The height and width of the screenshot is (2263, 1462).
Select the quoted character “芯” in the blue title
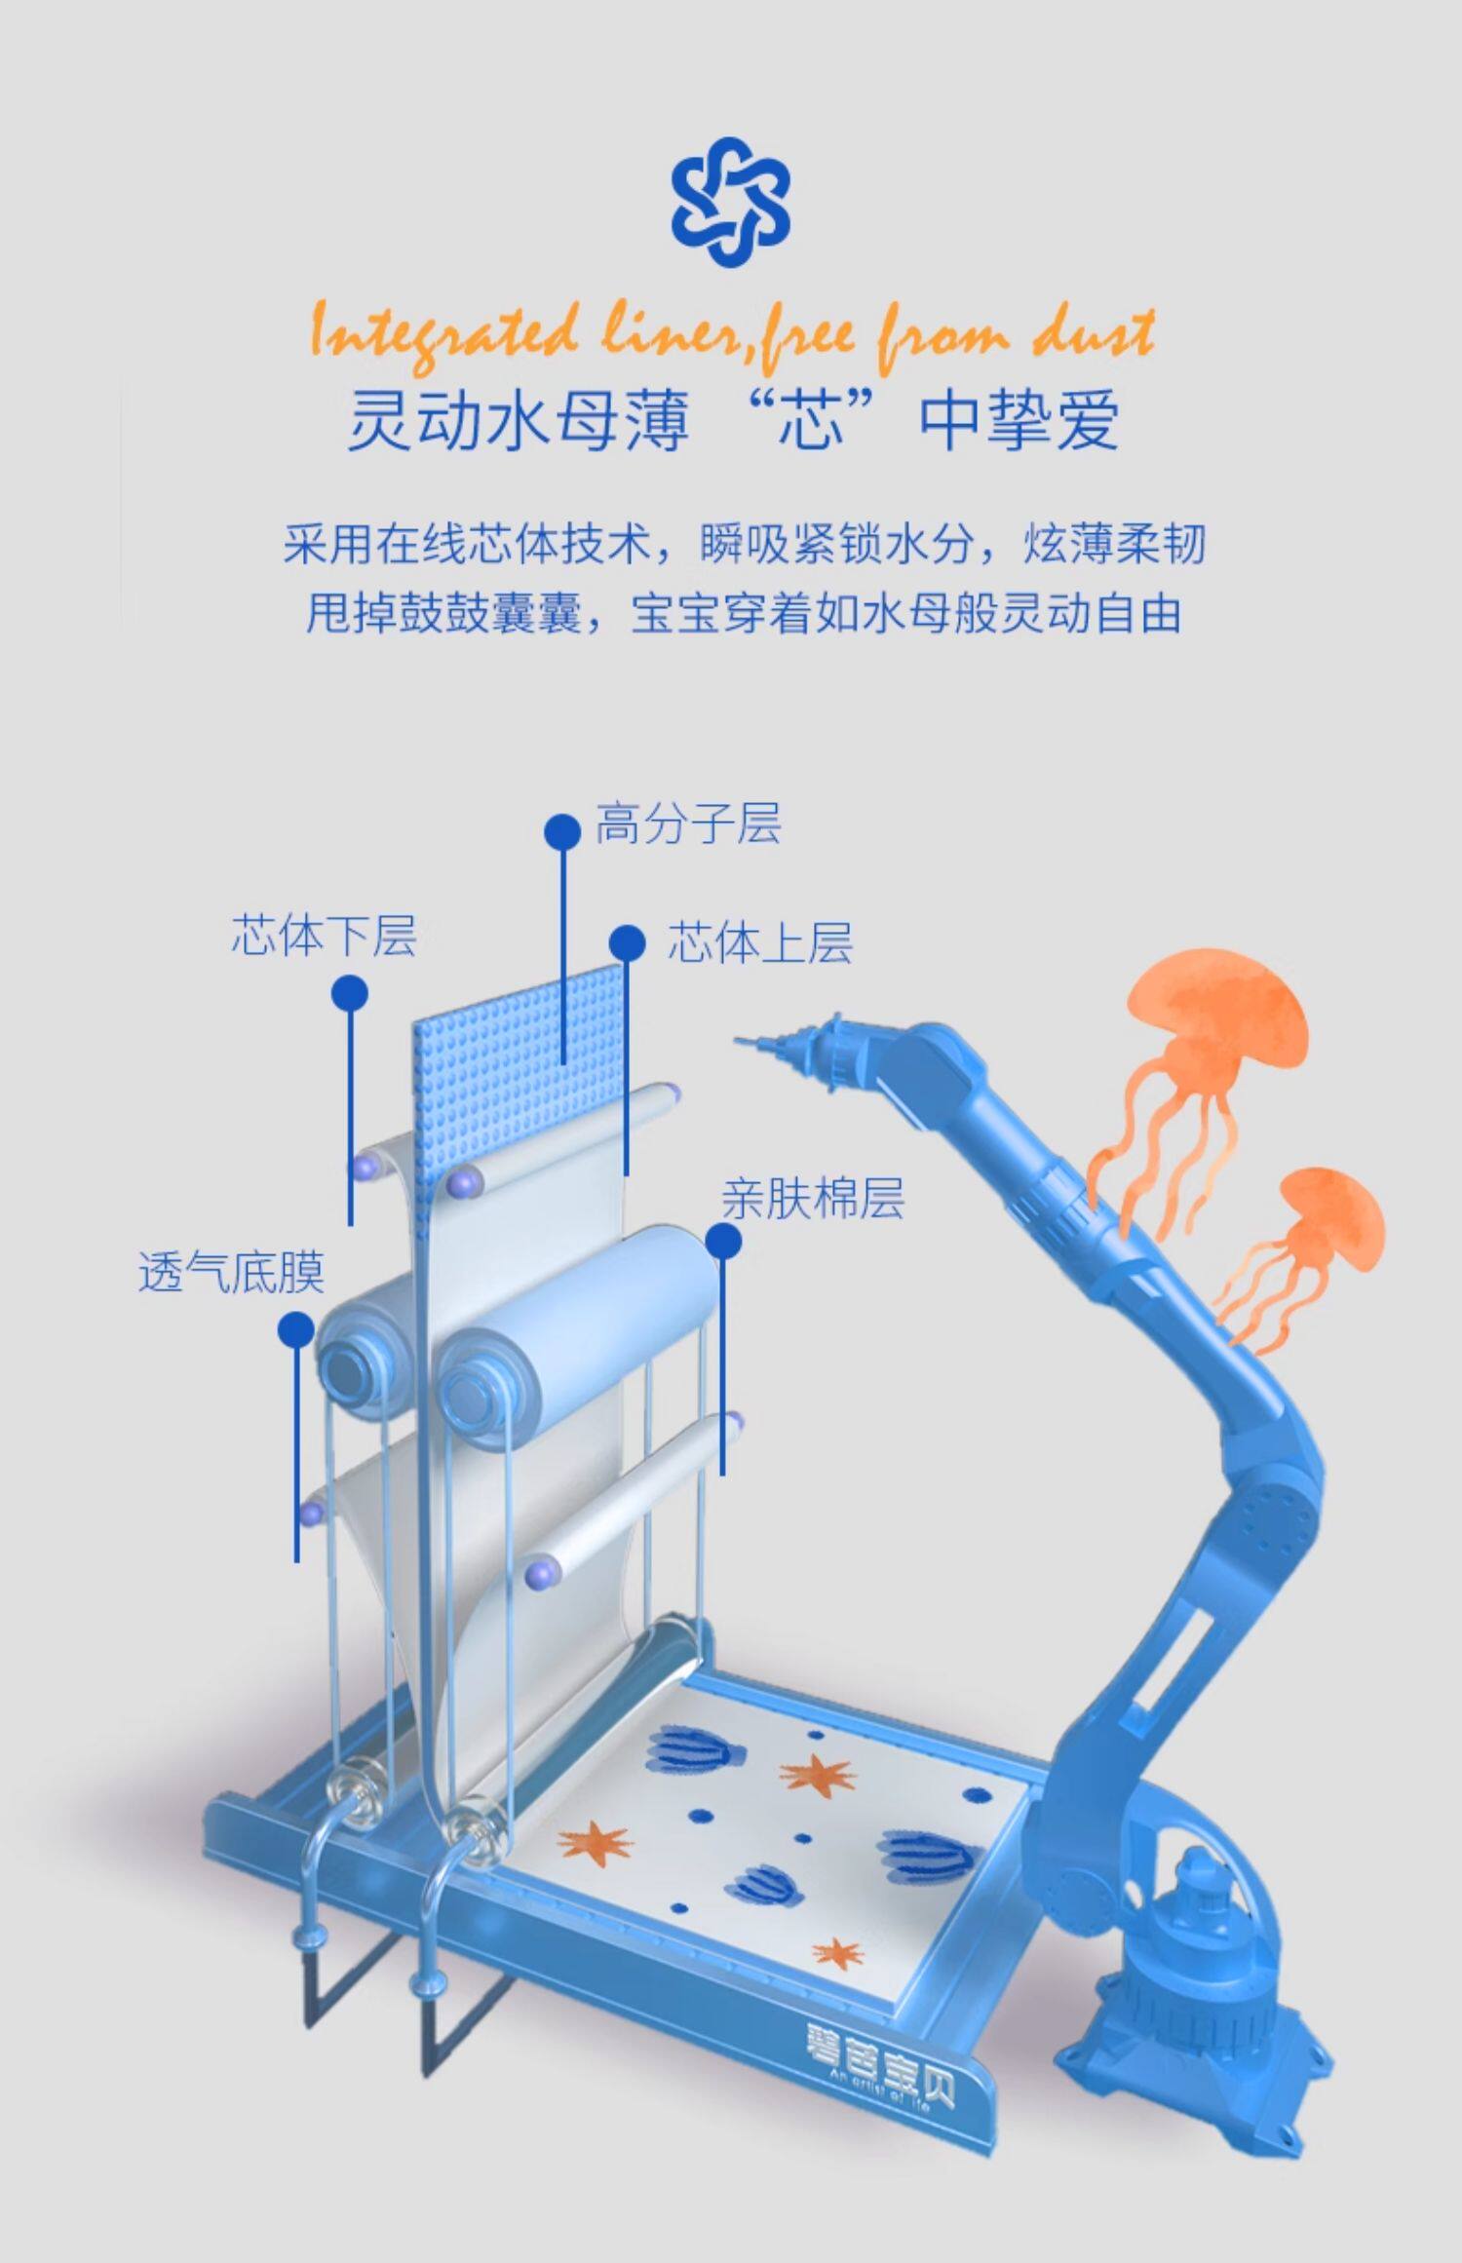811,421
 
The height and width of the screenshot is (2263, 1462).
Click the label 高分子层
688,825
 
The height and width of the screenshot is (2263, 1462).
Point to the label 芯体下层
324,936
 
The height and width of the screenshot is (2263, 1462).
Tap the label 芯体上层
759,942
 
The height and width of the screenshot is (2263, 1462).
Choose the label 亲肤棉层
812,1199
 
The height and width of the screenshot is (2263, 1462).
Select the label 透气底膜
231,1272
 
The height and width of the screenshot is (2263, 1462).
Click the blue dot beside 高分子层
562,831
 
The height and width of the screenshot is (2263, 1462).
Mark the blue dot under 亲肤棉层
723,1242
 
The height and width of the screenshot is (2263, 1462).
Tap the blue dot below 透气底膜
295,1329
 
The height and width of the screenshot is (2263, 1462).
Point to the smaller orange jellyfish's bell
1330,1218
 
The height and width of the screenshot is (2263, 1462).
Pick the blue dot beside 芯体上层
628,943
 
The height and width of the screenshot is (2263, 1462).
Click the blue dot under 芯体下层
350,994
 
